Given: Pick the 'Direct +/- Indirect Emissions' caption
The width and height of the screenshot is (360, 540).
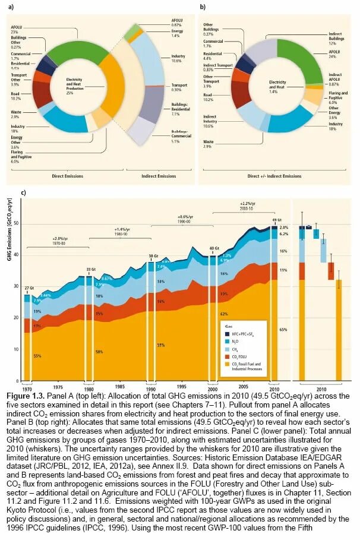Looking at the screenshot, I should [x=276, y=176].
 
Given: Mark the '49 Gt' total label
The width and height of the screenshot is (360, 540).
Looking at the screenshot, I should [x=275, y=219].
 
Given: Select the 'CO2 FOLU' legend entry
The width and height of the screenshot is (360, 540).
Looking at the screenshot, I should [x=238, y=357].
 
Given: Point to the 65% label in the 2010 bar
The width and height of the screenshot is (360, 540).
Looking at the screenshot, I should [x=283, y=329].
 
